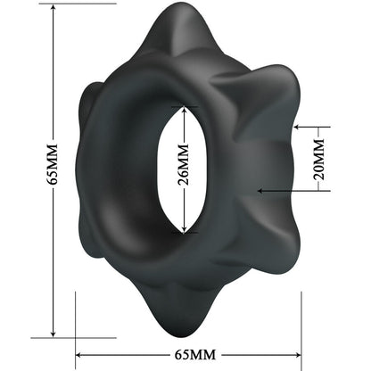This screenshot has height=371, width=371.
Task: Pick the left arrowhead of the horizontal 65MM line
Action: point(80,353)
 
